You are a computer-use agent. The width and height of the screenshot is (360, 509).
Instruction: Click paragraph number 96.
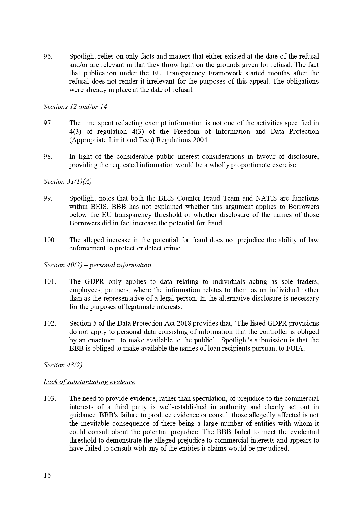[x=48, y=56]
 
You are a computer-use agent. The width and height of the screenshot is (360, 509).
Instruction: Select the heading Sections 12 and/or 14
[x=75, y=107]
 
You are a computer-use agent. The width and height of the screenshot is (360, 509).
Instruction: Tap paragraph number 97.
[x=48, y=123]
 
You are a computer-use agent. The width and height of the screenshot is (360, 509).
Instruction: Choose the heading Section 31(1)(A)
[x=67, y=182]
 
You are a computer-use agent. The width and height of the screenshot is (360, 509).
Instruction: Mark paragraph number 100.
[x=50, y=240]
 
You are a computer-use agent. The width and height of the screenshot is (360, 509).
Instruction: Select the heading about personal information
[x=97, y=265]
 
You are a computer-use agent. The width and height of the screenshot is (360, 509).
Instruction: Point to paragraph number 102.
[x=50, y=324]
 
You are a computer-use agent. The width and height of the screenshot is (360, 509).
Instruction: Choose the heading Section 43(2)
[x=63, y=365]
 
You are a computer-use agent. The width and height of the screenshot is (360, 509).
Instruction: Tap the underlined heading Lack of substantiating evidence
[x=89, y=382]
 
